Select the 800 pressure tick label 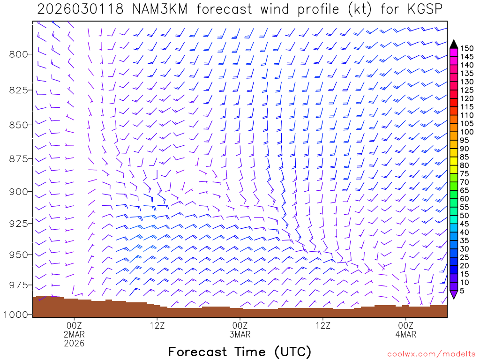[x=19, y=54]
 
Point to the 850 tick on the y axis [x=19, y=125]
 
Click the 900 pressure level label [x=19, y=191]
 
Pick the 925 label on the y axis [x=19, y=223]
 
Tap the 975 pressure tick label [x=19, y=285]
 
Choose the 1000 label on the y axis [x=16, y=314]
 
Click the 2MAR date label [x=75, y=334]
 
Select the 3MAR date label [x=240, y=334]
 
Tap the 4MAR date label [x=406, y=334]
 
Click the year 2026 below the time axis [x=75, y=343]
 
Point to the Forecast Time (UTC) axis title [x=240, y=352]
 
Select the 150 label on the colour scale [x=466, y=48]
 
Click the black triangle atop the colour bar [x=453, y=44]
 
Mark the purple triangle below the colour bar [x=453, y=294]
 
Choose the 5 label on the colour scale [x=462, y=291]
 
